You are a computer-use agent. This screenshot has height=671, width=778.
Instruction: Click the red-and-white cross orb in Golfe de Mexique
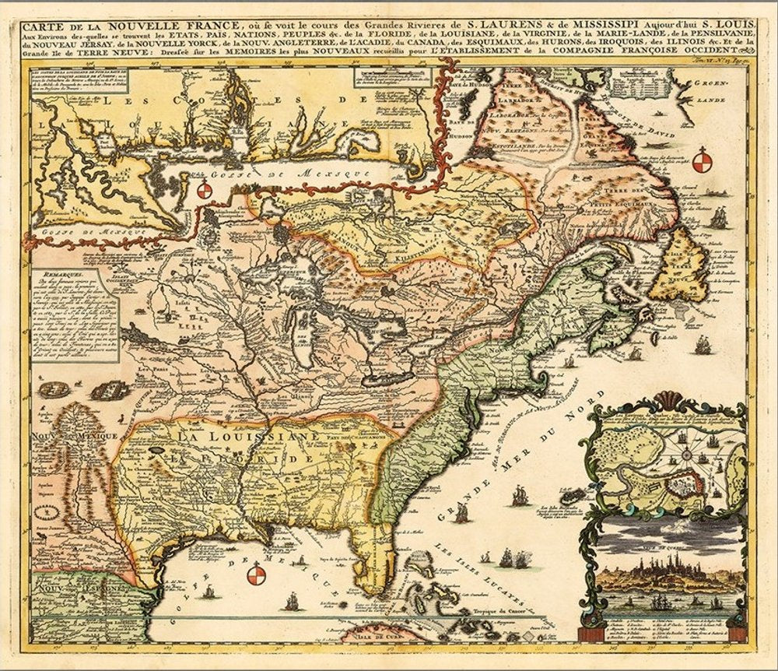[256, 575]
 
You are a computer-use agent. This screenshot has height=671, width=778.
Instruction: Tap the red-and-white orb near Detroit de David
[702, 160]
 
